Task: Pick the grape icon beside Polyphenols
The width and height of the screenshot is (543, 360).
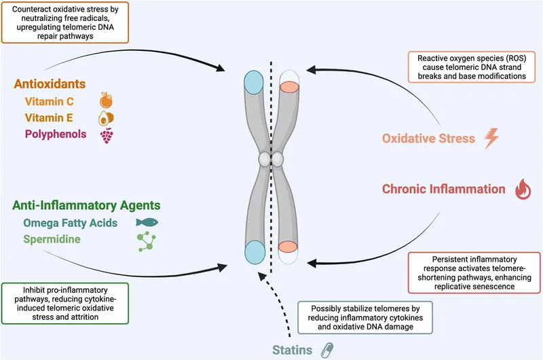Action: (107, 134)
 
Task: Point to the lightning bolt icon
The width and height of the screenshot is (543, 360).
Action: (490, 139)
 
